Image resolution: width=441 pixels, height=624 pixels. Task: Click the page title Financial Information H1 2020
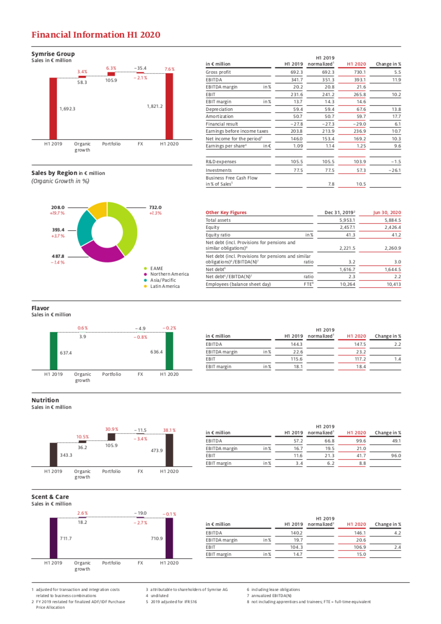[96, 35]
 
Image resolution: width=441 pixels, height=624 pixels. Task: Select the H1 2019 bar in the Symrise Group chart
[53, 109]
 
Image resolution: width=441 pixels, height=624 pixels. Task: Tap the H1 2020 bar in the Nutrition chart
[169, 450]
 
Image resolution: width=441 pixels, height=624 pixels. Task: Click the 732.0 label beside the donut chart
[155, 207]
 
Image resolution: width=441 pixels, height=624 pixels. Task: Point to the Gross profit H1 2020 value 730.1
[360, 72]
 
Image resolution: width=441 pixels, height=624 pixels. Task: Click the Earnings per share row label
[226, 146]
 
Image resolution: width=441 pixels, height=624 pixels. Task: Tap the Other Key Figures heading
[226, 213]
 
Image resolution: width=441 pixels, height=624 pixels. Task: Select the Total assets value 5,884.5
[393, 220]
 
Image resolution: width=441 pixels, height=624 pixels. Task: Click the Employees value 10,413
[394, 284]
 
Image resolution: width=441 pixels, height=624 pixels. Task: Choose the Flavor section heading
[40, 308]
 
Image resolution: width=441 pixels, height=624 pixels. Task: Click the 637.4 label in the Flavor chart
[66, 353]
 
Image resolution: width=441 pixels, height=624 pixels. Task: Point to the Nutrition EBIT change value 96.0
[396, 456]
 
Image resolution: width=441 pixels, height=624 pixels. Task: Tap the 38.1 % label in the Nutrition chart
[169, 430]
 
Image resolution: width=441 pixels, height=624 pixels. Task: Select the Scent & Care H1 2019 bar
[54, 538]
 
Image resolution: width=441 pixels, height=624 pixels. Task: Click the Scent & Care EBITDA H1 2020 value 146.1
[360, 533]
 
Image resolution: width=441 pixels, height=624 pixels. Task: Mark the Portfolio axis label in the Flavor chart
[112, 374]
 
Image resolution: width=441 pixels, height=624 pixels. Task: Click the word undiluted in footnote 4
[159, 596]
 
